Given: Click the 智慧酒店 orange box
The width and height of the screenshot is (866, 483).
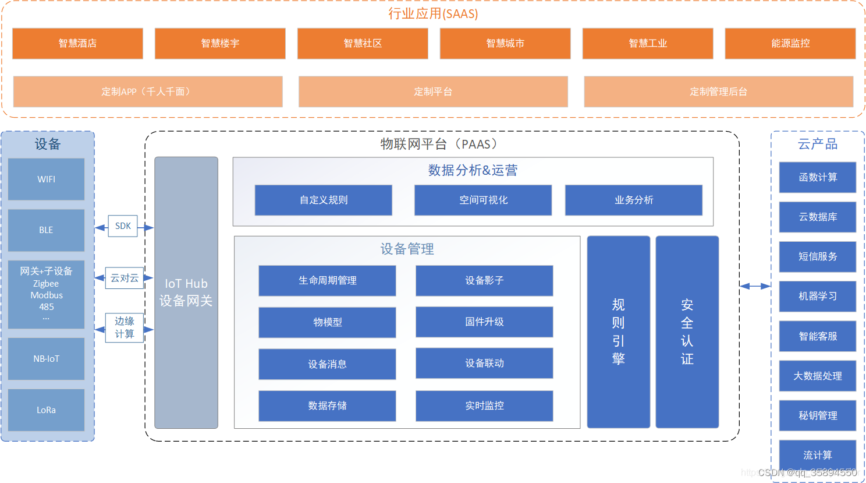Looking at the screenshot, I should pos(77,43).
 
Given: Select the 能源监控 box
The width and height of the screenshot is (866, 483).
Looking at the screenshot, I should pos(790,43).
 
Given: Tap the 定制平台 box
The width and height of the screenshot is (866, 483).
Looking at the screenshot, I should pos(433,91).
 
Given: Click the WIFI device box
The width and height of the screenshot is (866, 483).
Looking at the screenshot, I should pos(47,179).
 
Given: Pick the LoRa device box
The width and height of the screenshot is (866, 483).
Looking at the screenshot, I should pos(47,410).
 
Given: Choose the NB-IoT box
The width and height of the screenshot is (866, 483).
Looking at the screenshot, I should pos(47,358).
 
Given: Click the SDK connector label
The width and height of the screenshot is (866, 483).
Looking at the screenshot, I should pos(123,226).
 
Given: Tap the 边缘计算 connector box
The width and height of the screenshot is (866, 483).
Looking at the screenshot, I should pos(125,327).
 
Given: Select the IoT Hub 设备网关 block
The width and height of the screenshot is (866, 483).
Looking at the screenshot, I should pos(186,292).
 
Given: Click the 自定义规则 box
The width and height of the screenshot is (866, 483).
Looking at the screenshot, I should pos(324,200).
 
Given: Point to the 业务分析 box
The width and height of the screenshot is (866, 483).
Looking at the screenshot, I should pos(634,200).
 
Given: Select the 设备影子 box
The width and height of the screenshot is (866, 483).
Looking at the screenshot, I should pos(484,280).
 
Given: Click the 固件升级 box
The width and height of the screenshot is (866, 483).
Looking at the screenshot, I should pos(484,322).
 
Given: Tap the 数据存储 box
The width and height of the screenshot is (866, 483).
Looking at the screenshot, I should pos(327,406).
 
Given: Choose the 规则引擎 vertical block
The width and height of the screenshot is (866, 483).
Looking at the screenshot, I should pos(619,332).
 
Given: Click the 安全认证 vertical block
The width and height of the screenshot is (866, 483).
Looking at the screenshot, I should pos(687,332).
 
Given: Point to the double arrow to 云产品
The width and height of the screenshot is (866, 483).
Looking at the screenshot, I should pos(755,285).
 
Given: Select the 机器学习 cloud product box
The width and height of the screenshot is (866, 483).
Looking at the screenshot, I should pos(818,296).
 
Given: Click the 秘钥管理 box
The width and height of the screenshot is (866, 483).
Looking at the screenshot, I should pos(818,415).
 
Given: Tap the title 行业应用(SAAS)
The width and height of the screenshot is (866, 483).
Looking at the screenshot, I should pos(433,13).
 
